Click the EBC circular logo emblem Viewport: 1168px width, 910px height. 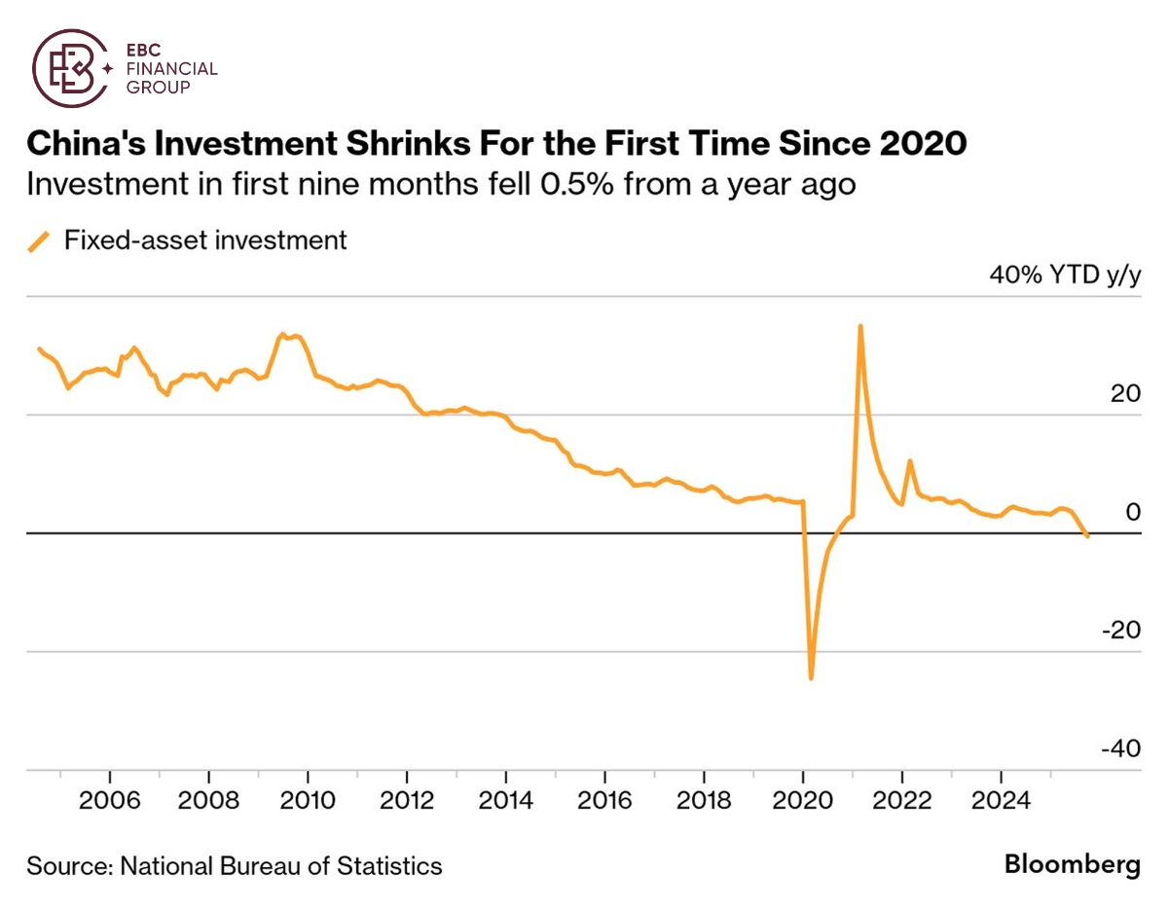pyautogui.click(x=69, y=68)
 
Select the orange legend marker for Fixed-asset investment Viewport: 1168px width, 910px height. pyautogui.click(x=40, y=240)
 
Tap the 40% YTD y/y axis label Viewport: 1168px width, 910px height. pyautogui.click(x=1064, y=275)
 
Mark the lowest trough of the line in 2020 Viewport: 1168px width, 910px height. pyautogui.click(x=811, y=677)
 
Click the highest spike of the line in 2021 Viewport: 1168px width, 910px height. pyautogui.click(x=860, y=326)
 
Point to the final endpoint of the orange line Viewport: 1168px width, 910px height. pyautogui.click(x=1087, y=536)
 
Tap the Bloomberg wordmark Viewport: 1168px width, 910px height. pyautogui.click(x=1072, y=865)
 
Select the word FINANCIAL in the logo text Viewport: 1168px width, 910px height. pyautogui.click(x=172, y=69)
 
